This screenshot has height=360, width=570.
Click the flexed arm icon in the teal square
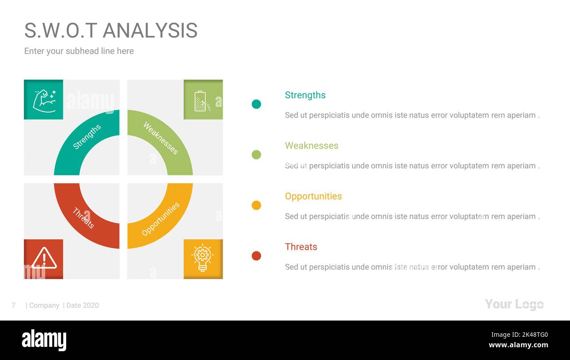coord(44,101)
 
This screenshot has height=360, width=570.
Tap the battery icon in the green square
coord(202,101)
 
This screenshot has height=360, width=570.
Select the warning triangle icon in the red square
coord(44,258)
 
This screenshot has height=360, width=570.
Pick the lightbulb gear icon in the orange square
coord(203,258)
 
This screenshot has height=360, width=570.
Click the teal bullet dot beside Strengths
coord(256,104)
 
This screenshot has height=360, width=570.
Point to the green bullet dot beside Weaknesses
coord(256,155)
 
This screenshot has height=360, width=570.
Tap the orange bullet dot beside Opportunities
coord(256,205)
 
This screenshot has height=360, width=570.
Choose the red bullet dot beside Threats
coord(256,256)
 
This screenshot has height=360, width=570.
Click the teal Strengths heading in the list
coord(305,95)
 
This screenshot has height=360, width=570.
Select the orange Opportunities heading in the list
coord(313,196)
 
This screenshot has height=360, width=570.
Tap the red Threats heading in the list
coord(301,247)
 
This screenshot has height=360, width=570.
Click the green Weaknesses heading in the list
coord(311,146)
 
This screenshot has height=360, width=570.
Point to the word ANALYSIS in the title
coord(150,31)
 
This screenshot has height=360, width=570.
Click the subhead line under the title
coord(79,51)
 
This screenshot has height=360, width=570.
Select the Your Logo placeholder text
coord(514,304)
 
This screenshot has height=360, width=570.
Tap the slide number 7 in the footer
coord(14,305)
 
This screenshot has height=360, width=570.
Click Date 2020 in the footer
coord(82,305)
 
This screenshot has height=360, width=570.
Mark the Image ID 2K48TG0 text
coord(520,335)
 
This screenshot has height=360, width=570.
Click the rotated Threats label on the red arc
coord(83,218)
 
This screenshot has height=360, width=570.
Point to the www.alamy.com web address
coord(518,345)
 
